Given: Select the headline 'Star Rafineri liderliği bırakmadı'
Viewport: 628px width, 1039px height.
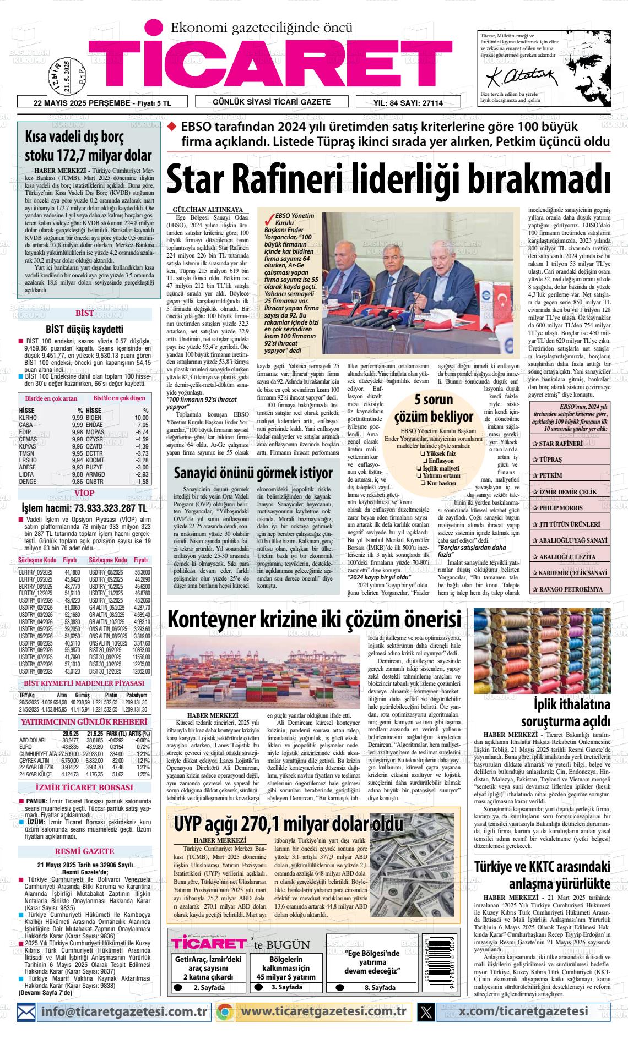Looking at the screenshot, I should pos(388,179).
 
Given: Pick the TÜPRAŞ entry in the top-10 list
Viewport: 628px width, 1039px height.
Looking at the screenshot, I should pos(551,459).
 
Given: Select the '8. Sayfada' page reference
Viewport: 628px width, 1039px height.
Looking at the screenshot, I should pos(380,988).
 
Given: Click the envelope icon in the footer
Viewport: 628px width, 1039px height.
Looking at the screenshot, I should pos(28,1011).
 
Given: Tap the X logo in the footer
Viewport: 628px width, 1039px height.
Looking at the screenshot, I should pos(426,1011).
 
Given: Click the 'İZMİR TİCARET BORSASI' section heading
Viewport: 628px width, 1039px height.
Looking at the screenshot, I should pos(85,788).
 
